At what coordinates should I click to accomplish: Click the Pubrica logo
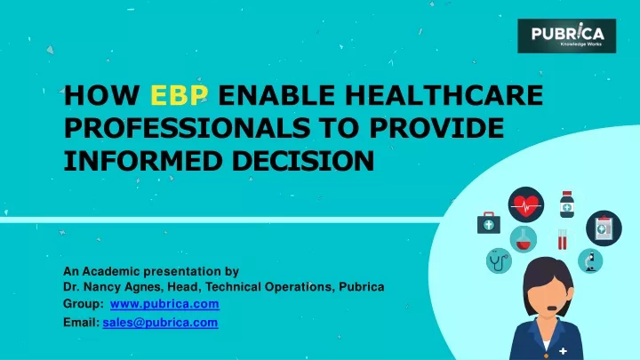566,36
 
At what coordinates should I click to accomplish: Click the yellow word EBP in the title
180,95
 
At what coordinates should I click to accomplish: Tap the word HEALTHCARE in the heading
444,95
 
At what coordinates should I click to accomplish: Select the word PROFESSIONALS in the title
187,128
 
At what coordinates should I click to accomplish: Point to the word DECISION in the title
303,160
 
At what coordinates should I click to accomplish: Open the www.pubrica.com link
164,305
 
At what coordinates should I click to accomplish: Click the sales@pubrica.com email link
160,323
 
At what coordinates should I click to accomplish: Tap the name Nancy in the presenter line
101,287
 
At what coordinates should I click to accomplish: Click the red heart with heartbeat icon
525,205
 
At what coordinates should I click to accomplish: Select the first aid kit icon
489,223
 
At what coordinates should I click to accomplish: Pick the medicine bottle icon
566,204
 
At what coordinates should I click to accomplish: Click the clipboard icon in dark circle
604,228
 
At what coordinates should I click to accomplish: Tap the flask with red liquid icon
524,239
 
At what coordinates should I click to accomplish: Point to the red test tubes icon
562,239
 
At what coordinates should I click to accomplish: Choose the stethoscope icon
499,260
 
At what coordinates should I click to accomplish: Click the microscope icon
590,260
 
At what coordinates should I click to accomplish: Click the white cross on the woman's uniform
564,350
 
